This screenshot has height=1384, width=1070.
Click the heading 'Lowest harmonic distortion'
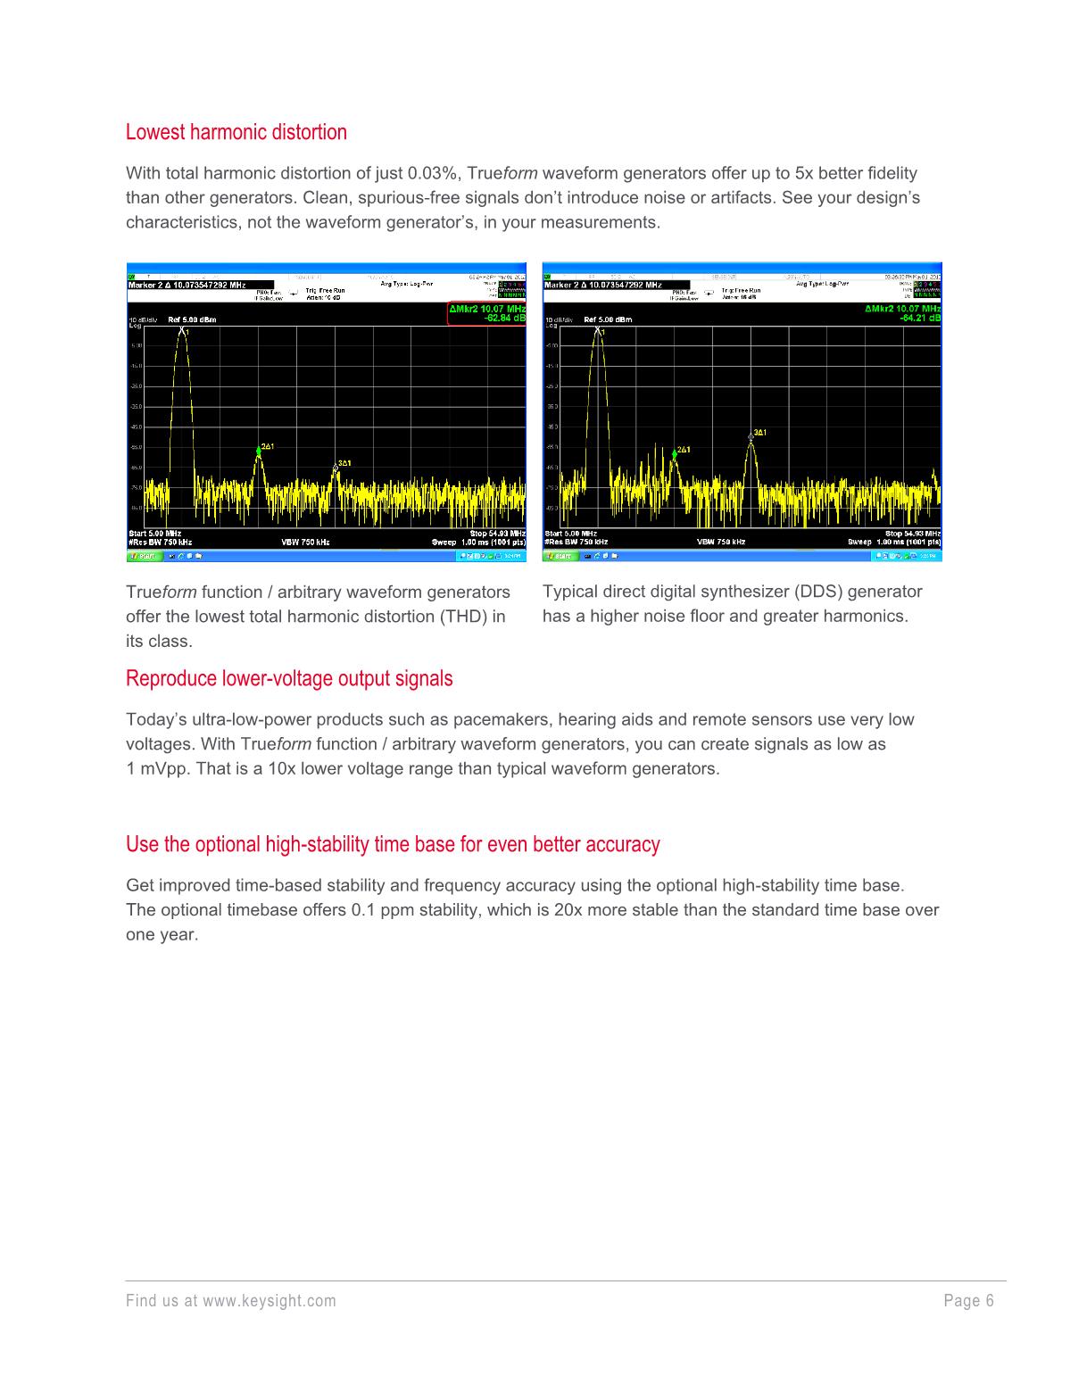[x=236, y=132]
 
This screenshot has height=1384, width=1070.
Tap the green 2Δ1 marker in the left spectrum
[x=259, y=452]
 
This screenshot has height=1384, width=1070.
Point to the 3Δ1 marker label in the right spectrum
[x=759, y=433]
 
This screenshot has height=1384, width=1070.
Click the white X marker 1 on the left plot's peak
[x=182, y=330]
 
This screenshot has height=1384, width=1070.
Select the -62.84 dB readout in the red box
[x=504, y=317]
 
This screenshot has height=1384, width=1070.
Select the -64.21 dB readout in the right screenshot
[x=920, y=317]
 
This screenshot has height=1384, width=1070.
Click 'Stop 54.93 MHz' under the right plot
[x=912, y=534]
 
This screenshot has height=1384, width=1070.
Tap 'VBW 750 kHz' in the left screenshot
[x=306, y=542]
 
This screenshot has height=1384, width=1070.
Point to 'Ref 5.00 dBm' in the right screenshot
[x=608, y=319]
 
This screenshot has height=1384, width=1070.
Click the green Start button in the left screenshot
[x=143, y=556]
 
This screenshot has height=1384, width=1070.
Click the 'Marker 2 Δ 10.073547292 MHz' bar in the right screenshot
[x=603, y=285]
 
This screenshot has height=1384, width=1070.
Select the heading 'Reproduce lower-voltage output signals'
[x=289, y=679]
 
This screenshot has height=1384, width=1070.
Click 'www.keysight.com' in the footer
[x=270, y=1301]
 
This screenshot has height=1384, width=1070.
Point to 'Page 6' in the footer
[x=968, y=1301]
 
